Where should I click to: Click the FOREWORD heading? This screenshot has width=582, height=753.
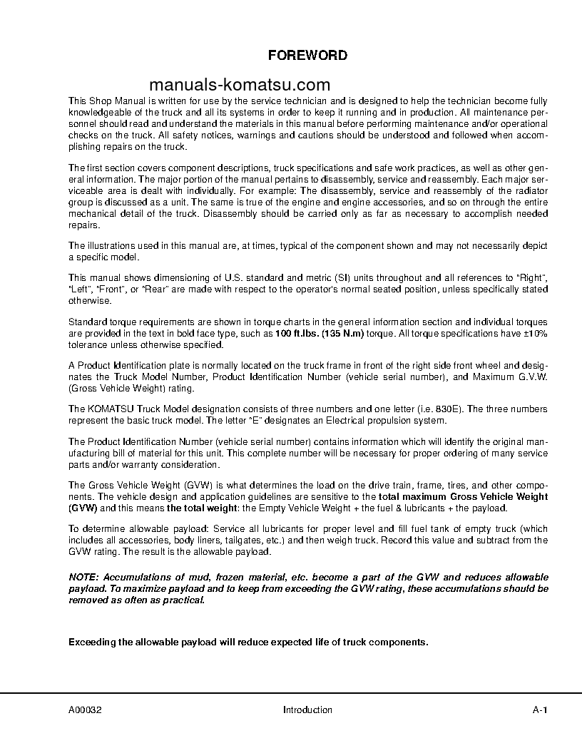307,56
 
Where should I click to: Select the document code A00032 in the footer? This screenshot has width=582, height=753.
84,710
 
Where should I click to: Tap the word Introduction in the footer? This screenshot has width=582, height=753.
307,710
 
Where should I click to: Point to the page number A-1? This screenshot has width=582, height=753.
539,710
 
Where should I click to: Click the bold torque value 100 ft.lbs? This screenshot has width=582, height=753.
295,334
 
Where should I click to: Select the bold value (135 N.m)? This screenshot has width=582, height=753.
341,334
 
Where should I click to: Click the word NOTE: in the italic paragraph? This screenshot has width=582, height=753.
84,576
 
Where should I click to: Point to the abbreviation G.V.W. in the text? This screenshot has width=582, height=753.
531,377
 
